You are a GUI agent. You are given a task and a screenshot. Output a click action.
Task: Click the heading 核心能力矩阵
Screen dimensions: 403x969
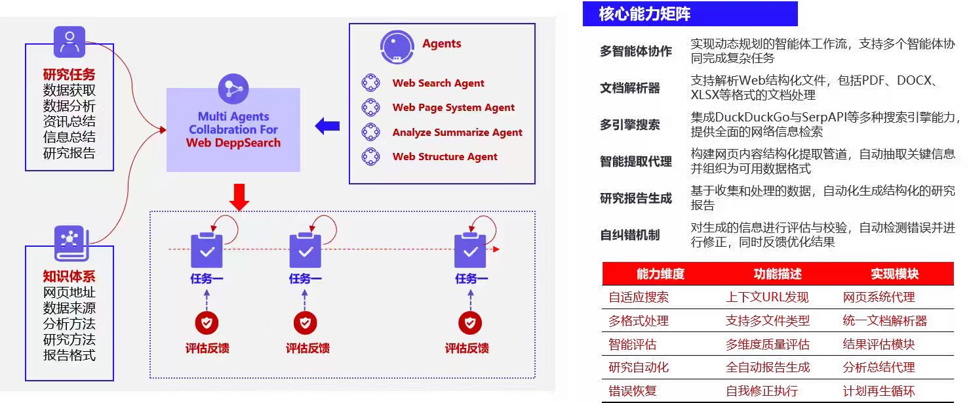point(644,14)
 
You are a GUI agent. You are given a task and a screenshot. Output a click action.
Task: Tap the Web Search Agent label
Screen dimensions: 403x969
point(438,83)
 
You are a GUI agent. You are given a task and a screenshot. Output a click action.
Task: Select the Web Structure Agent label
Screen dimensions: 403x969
point(445,157)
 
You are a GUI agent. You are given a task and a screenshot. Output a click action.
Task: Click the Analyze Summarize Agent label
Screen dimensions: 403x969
point(457,133)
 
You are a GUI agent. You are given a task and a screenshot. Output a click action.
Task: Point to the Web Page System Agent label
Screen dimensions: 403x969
point(453,108)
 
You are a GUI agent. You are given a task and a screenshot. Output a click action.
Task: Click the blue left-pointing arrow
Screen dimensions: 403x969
point(327,125)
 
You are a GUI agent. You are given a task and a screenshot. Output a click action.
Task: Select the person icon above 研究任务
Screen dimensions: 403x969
point(69,42)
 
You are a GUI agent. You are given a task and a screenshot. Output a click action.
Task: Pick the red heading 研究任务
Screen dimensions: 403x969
point(69,75)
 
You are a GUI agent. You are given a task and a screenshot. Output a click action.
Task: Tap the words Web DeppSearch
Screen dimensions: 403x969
point(233,143)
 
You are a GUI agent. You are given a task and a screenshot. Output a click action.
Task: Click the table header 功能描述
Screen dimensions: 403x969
point(778,274)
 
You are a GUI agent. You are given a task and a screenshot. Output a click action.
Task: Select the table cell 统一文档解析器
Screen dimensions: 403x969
point(884,321)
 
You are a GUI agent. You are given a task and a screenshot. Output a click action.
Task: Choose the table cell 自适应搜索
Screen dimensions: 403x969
point(639,297)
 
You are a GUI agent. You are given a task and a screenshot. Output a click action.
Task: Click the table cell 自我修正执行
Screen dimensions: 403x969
point(761,391)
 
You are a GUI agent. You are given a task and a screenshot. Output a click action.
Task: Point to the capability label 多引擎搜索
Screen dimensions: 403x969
point(629,125)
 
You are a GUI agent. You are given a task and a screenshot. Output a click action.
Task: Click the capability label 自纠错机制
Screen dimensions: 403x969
point(629,235)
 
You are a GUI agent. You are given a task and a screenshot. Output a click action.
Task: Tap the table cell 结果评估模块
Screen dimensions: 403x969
point(878,345)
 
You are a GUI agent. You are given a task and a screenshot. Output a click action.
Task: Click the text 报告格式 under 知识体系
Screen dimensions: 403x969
point(69,355)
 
